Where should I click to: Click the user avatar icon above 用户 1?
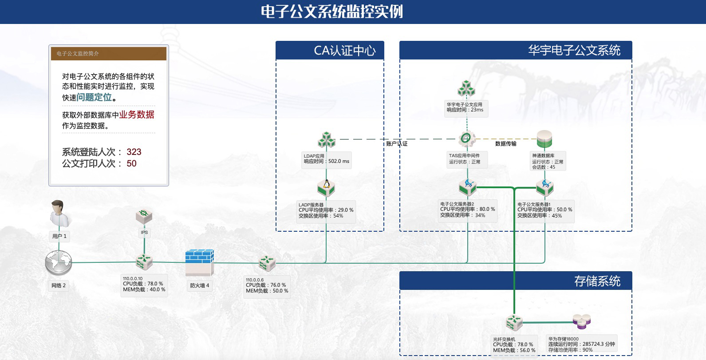59,214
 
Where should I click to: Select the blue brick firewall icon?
199,262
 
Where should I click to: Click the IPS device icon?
144,217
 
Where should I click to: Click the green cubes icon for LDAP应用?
327,140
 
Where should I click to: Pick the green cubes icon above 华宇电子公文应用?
466,88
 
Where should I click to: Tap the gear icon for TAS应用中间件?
466,138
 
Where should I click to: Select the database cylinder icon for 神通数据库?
544,139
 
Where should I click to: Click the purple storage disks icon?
581,321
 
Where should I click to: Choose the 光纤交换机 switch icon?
514,322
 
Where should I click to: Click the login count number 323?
134,152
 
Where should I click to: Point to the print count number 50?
131,163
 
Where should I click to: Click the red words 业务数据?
137,115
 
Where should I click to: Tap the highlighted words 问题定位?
94,97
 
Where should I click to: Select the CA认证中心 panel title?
345,51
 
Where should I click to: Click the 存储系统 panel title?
597,281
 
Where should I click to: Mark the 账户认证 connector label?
397,143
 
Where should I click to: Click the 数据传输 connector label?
505,143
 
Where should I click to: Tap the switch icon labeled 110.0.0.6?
267,263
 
